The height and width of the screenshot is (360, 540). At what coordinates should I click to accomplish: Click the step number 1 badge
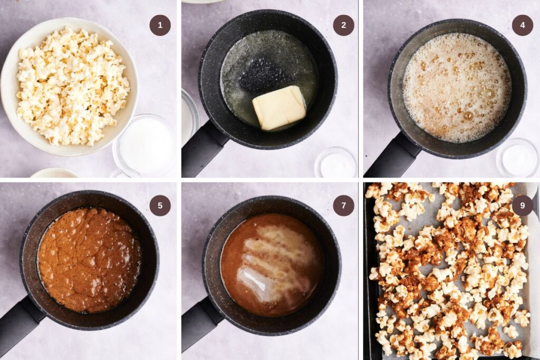(160, 25)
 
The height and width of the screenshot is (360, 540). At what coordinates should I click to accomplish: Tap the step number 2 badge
(343, 25)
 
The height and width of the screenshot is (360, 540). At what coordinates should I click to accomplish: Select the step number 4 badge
(522, 25)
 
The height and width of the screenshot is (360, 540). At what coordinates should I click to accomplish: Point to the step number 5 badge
(160, 206)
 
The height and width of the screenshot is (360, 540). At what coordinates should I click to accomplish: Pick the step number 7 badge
(343, 206)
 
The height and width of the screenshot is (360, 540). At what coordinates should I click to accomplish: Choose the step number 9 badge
(522, 206)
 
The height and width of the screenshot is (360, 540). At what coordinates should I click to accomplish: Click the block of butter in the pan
(279, 108)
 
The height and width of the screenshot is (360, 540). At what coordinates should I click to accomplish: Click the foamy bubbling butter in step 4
(457, 87)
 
